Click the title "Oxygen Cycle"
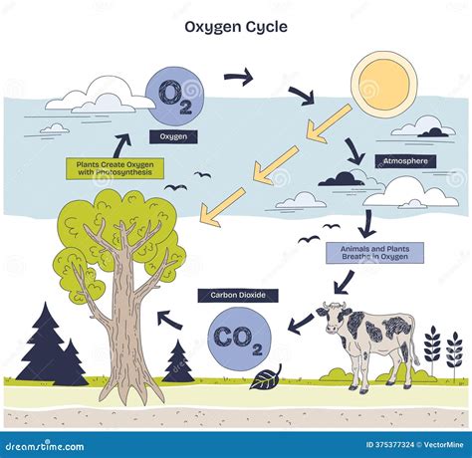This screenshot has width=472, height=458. click(236, 27)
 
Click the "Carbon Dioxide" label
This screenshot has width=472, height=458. click(238, 295)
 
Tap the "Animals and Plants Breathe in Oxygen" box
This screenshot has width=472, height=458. click(373, 253)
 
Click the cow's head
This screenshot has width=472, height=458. click(334, 320)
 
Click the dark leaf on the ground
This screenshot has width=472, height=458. click(266, 377)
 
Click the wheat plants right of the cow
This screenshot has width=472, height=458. click(442, 350)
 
